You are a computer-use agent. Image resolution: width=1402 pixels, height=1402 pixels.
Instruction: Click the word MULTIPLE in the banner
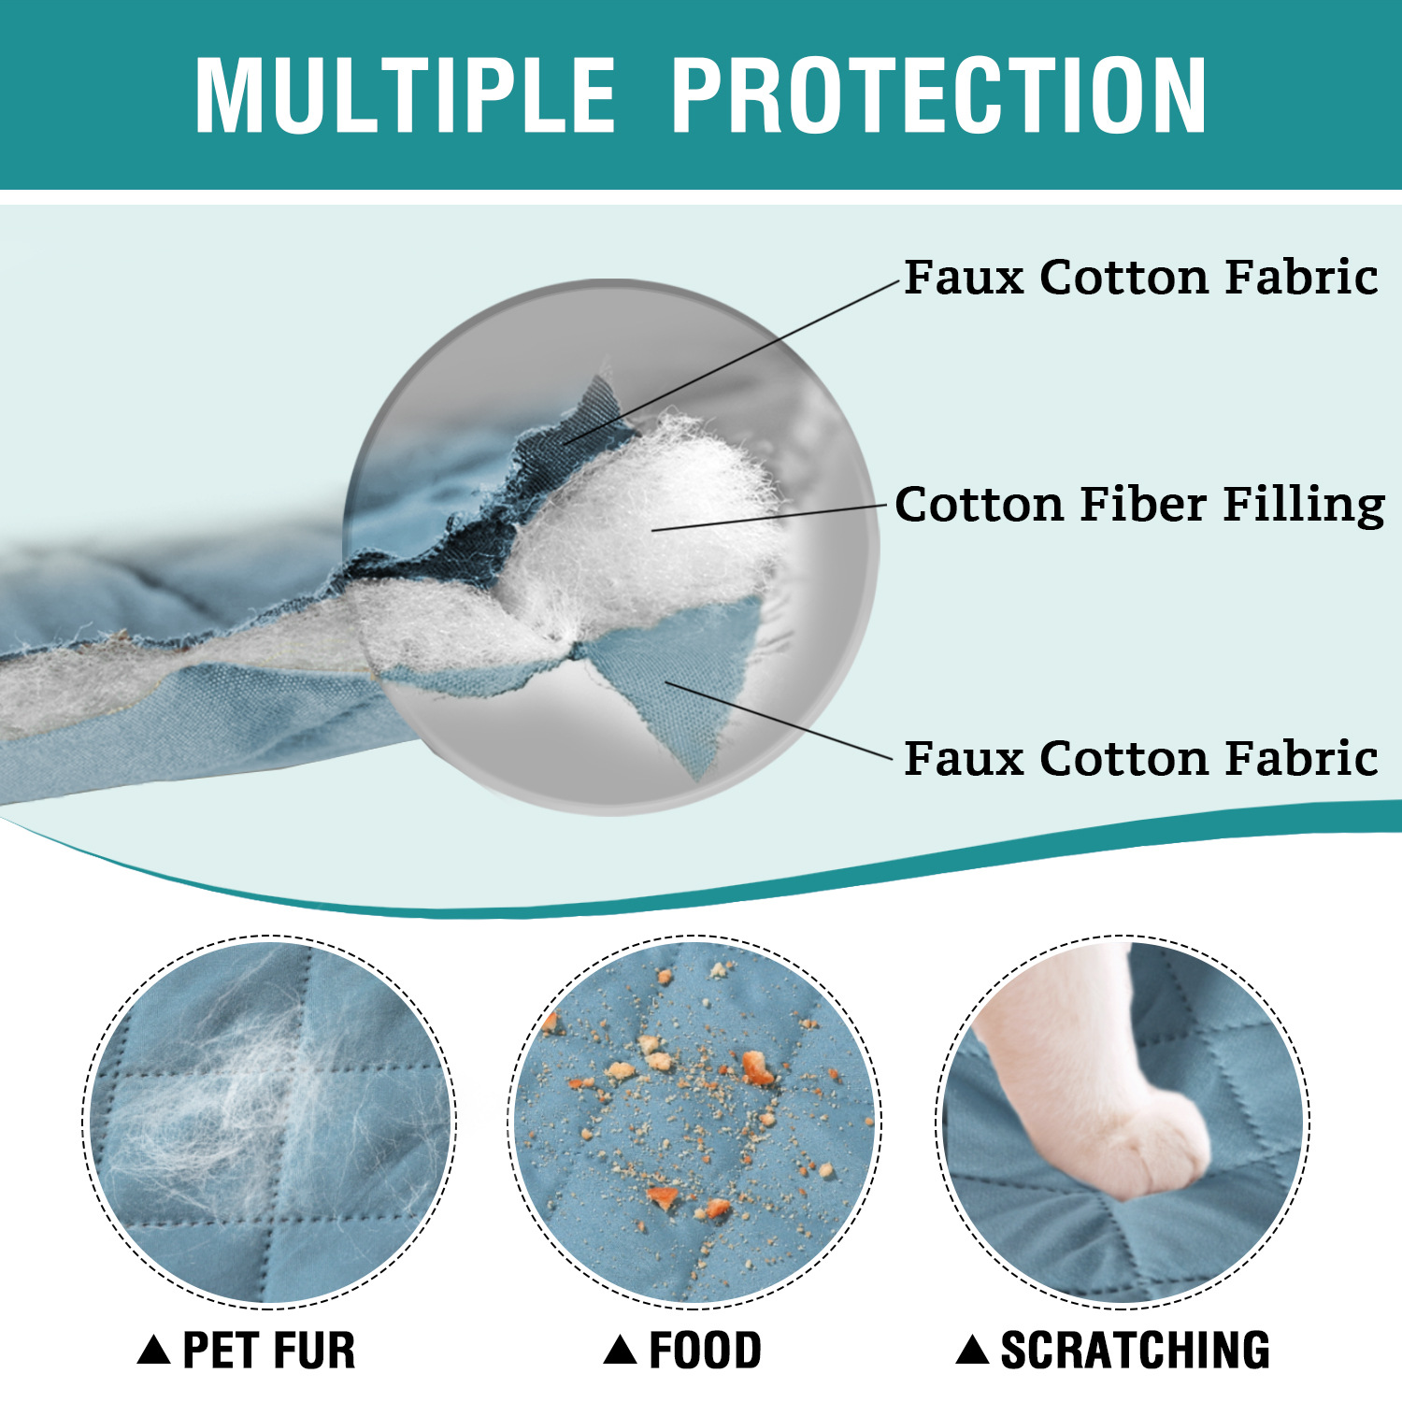click(x=405, y=95)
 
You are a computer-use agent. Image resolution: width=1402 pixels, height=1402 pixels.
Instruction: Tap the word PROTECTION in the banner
click(x=939, y=95)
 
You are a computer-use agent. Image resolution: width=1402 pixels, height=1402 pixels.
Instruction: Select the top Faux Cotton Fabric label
click(x=1140, y=277)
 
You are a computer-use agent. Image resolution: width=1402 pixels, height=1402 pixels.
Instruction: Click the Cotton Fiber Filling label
click(x=1139, y=505)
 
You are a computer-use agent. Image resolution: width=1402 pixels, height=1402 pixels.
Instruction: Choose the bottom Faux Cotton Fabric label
click(x=1140, y=757)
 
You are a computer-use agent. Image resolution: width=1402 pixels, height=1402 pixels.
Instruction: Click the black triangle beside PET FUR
click(x=153, y=1350)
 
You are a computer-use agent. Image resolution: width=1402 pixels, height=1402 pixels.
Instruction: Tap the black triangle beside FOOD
click(x=620, y=1350)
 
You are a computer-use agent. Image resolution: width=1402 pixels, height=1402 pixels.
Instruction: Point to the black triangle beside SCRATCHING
click(x=972, y=1350)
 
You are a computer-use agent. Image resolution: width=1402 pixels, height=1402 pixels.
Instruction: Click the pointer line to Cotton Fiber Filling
click(x=768, y=518)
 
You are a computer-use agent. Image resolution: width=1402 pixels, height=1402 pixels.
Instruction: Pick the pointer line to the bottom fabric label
click(x=779, y=721)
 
